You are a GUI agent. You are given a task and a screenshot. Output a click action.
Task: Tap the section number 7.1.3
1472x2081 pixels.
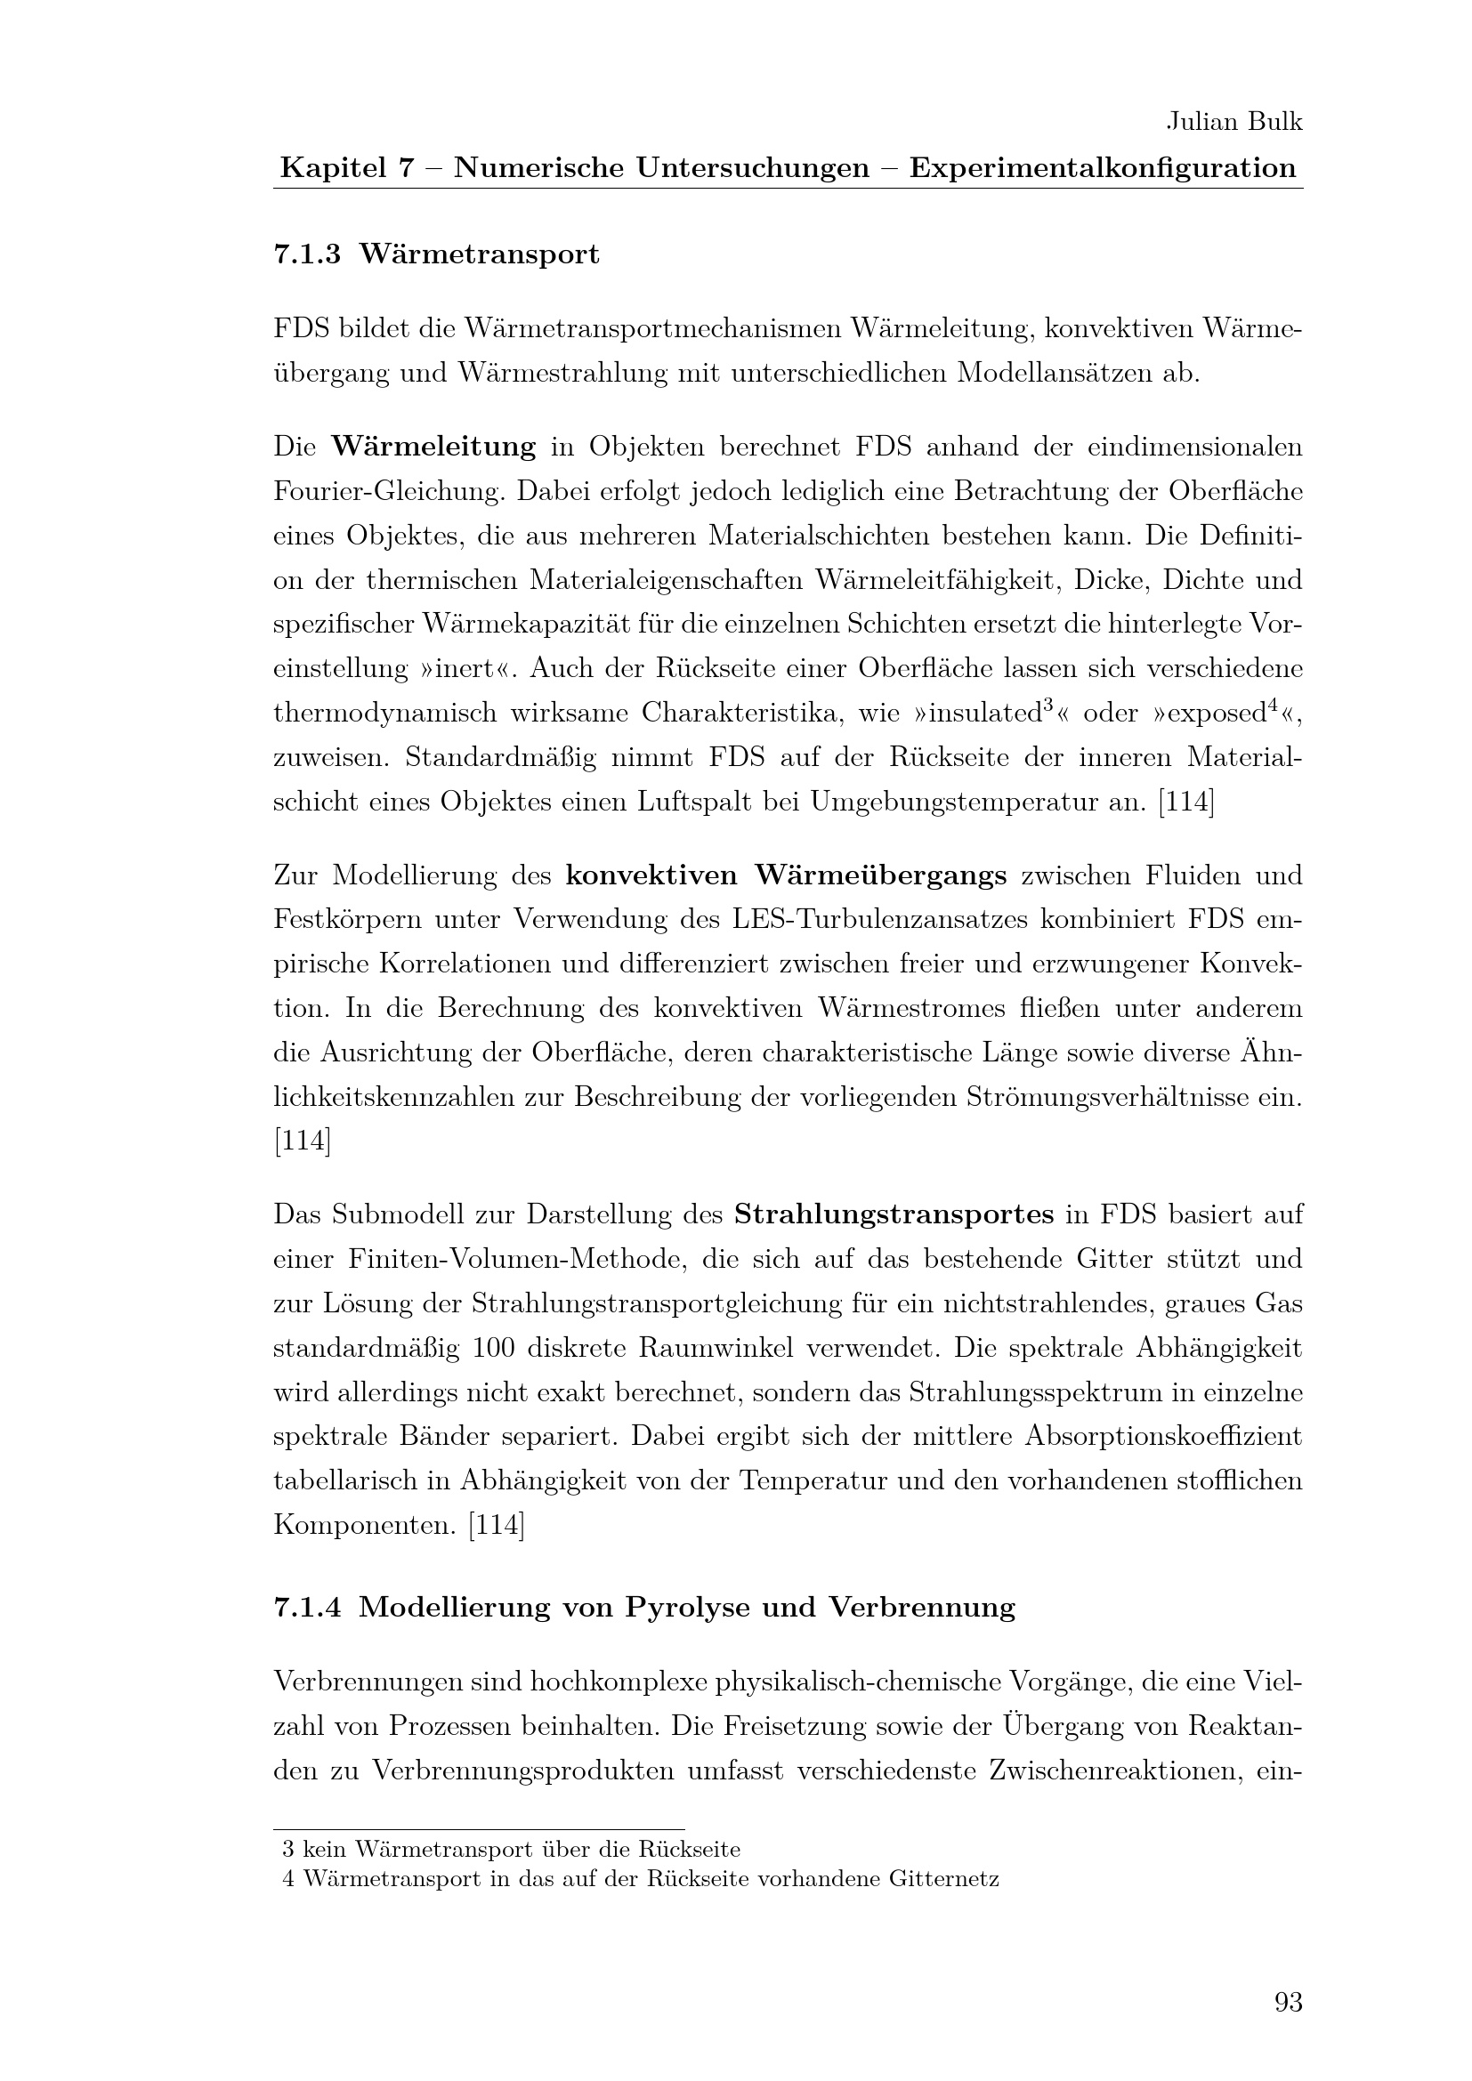point(307,255)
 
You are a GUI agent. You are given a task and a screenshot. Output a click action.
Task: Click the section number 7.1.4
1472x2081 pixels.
point(307,1608)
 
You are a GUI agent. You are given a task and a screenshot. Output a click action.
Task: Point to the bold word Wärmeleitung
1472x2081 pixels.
point(433,447)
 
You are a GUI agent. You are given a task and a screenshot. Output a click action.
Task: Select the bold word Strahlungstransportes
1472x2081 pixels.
point(894,1214)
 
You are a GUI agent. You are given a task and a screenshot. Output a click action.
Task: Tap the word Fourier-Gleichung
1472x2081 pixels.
point(388,491)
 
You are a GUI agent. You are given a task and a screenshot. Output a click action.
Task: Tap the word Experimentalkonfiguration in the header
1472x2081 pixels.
point(1103,168)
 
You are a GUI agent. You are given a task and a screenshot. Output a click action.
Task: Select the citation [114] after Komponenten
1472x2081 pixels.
point(496,1526)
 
